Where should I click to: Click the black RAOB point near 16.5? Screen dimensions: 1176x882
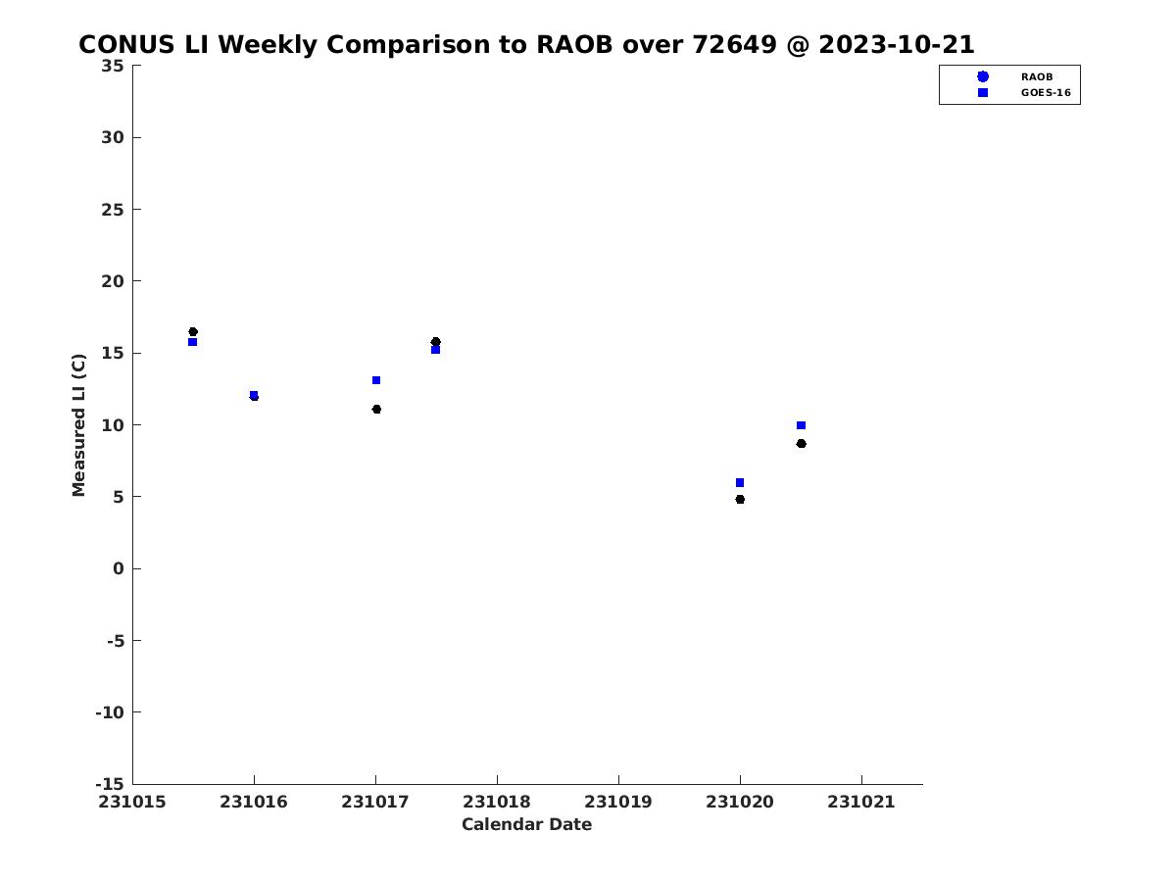coord(193,331)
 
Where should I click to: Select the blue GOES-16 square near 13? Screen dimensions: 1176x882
coord(376,380)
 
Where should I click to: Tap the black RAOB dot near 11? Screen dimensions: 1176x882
coord(376,409)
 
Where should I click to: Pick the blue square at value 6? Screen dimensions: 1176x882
coord(740,482)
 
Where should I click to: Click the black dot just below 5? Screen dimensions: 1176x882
coord(740,499)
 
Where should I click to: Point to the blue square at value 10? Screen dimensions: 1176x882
coord(801,425)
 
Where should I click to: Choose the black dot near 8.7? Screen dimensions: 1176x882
coord(801,443)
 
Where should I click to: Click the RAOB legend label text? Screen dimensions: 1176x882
coord(1037,77)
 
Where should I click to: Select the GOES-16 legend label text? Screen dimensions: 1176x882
coord(1046,93)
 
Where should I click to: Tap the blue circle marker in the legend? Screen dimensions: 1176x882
coord(983,76)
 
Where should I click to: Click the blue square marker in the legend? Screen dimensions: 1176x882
coord(983,93)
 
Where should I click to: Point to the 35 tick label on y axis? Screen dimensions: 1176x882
coord(113,66)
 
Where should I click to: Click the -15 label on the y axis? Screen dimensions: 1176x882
coord(110,784)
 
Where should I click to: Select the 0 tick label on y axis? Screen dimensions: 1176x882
coord(119,568)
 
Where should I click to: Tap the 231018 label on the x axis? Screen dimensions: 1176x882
coord(497,802)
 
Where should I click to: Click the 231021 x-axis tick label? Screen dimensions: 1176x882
coord(861,802)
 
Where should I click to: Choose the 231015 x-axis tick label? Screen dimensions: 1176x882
coord(132,802)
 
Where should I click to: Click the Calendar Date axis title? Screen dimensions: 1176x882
coord(526,824)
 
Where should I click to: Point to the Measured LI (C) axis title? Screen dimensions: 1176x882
coord(78,424)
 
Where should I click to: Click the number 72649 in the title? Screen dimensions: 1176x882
coord(734,44)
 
